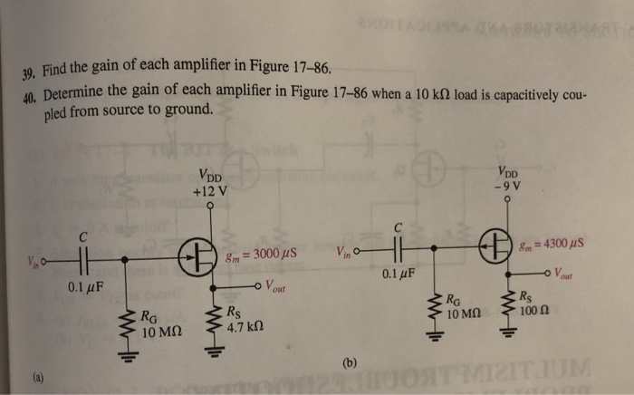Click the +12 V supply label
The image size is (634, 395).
tap(210, 191)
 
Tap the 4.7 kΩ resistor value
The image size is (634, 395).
tap(245, 327)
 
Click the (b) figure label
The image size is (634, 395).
tap(350, 363)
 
